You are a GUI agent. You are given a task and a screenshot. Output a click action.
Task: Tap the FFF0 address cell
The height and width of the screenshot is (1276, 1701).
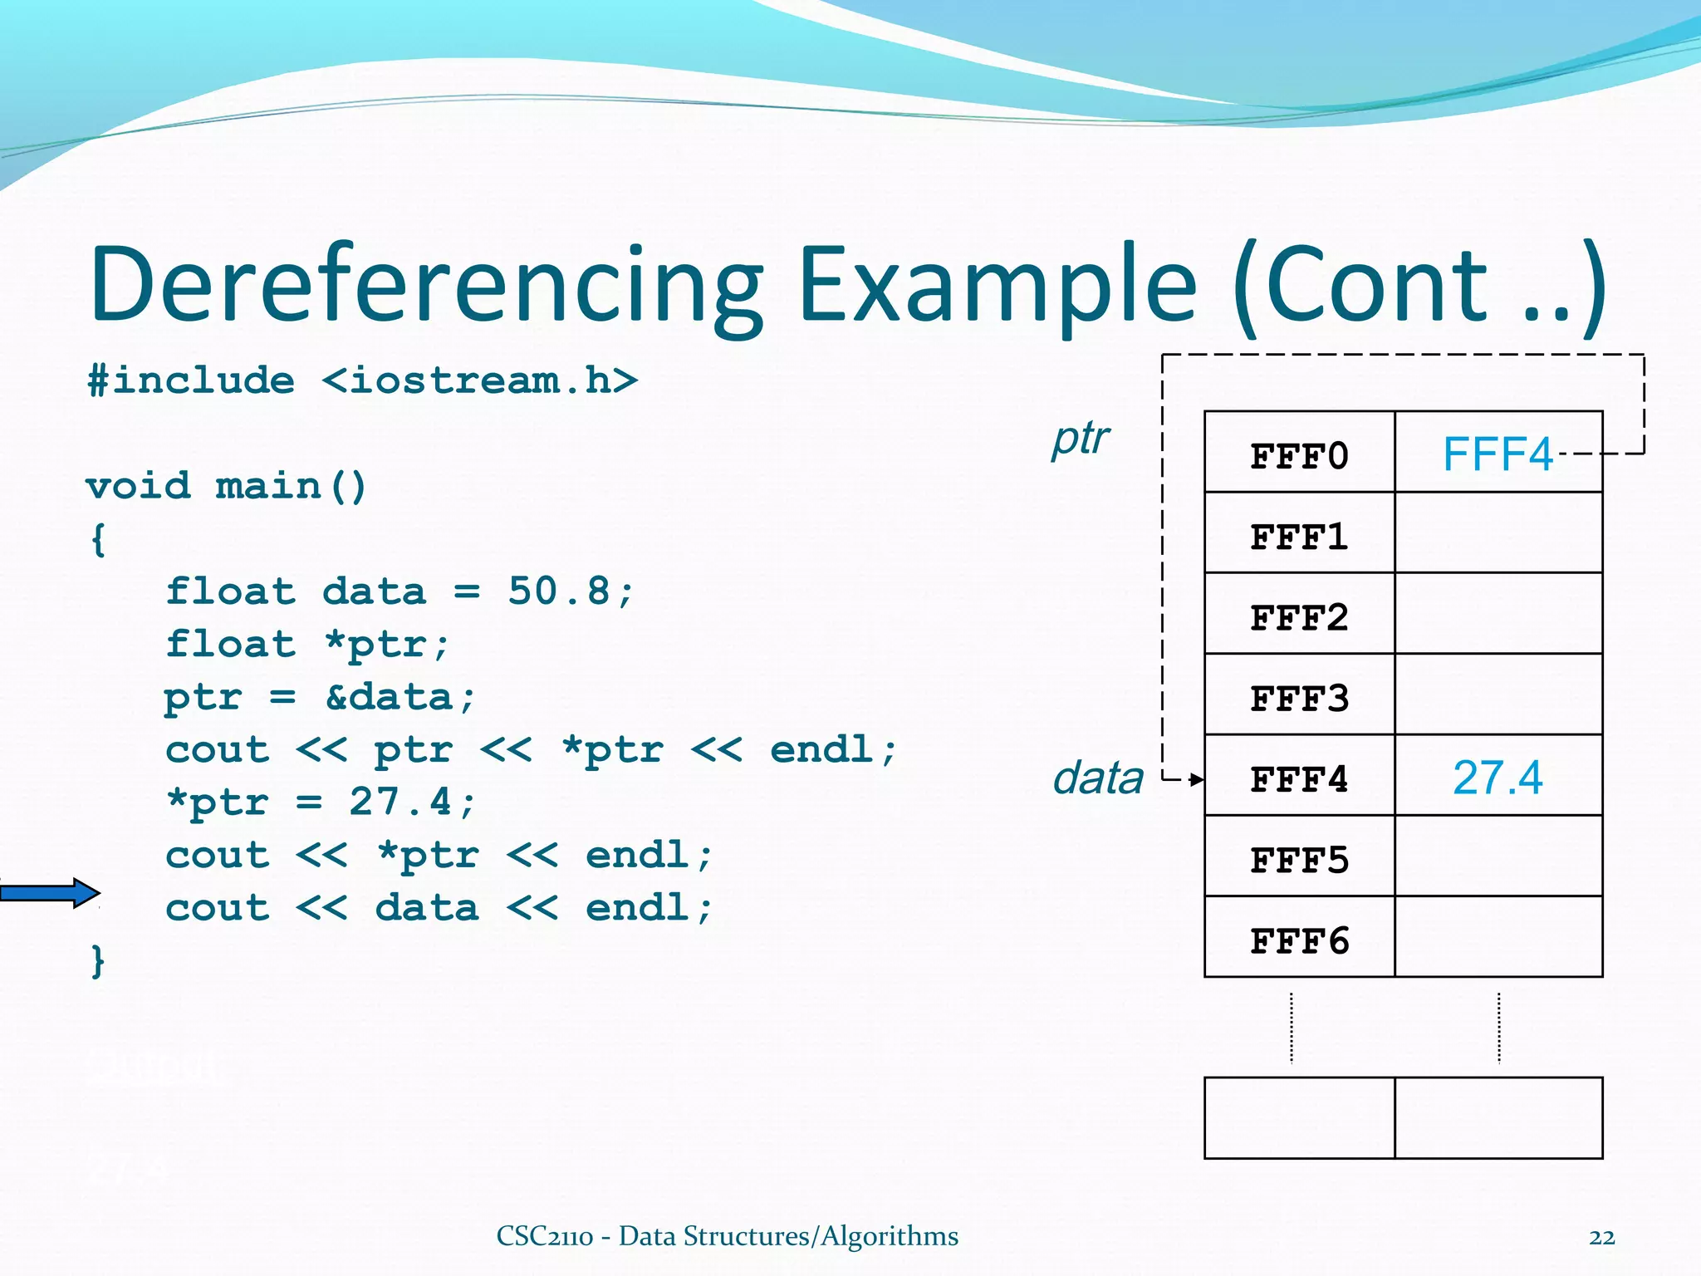(x=1299, y=455)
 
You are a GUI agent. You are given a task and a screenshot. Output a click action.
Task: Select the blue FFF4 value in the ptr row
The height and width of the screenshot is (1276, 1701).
(x=1497, y=454)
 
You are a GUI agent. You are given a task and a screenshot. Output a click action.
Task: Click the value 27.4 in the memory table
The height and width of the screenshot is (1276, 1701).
(x=1497, y=778)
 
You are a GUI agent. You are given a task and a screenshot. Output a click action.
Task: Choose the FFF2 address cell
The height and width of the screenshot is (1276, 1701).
(x=1299, y=617)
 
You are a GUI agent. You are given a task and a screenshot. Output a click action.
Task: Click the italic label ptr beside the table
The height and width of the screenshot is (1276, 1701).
(x=1080, y=438)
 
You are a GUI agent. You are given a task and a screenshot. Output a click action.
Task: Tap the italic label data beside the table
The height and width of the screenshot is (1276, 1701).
(x=1098, y=778)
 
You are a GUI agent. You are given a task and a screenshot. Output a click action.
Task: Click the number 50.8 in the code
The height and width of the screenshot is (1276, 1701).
(x=559, y=591)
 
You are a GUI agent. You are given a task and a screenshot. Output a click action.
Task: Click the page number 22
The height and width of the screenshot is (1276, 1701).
(x=1601, y=1237)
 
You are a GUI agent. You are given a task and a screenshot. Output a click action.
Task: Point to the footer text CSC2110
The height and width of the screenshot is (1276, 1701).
(x=544, y=1236)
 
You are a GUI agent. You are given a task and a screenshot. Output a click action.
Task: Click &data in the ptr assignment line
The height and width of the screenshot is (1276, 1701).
(x=400, y=697)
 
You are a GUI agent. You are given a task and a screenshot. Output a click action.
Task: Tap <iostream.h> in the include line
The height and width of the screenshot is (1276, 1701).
(x=480, y=380)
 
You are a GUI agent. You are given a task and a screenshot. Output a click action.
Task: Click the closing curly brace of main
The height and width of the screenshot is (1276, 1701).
(x=98, y=960)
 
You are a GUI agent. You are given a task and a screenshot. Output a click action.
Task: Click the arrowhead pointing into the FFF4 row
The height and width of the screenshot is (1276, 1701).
(x=1196, y=779)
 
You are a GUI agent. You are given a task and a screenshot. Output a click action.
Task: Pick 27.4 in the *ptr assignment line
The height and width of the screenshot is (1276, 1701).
(x=400, y=802)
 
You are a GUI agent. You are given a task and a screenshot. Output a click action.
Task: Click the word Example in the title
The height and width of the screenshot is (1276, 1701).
(x=997, y=285)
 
